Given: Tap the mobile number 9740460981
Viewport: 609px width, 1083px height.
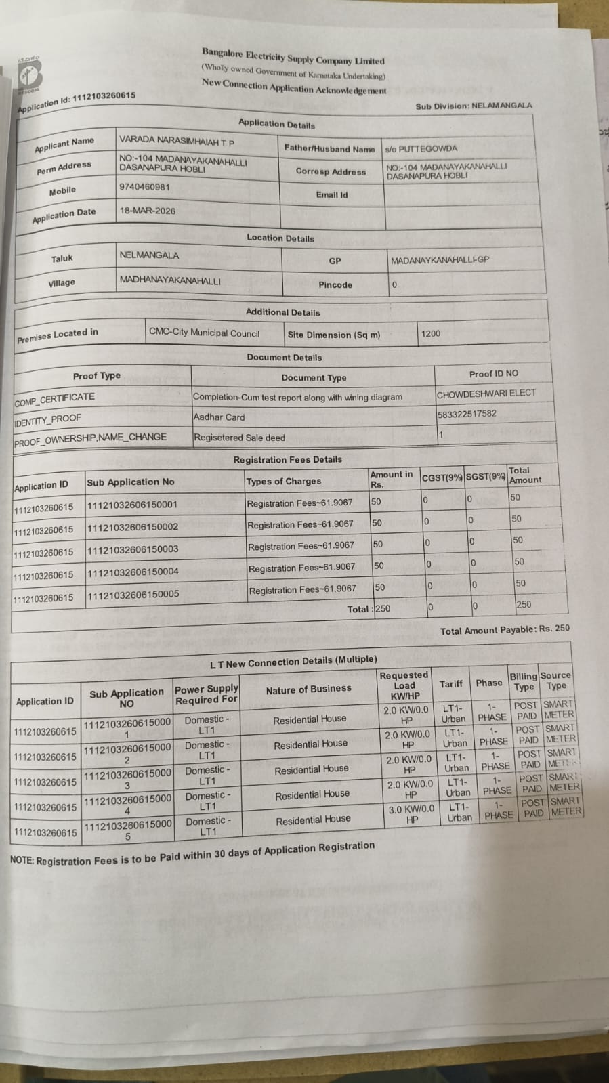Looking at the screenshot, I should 144,187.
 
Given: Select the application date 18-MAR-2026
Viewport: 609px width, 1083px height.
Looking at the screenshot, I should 147,211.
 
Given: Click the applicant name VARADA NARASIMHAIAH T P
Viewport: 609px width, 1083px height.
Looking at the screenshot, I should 177,140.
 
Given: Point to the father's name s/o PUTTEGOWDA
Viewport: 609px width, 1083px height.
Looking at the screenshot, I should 421,149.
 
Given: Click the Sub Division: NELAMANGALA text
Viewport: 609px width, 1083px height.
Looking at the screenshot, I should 474,106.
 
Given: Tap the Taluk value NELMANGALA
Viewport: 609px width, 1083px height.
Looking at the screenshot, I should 149,255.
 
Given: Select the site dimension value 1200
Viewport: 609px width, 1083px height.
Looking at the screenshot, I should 430,333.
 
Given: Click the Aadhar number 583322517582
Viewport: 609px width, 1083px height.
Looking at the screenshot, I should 466,413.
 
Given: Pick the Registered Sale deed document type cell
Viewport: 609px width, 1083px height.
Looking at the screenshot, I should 239,438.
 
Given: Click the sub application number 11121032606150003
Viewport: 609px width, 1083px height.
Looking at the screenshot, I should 132,549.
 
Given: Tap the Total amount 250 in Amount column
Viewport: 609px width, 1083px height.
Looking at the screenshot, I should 383,608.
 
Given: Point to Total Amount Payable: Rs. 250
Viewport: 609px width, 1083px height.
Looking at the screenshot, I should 504,629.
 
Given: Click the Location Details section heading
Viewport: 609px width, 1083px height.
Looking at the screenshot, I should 280,238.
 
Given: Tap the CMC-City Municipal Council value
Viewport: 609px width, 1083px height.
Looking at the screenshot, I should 204,333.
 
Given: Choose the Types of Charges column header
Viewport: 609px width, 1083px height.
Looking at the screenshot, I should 283,482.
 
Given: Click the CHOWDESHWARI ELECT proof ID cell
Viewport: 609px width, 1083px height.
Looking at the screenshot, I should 486,393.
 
